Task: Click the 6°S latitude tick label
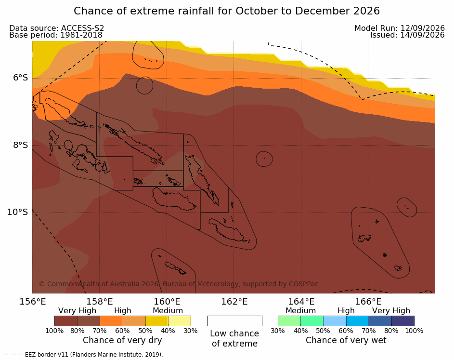coord(21,78)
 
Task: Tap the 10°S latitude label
coord(18,212)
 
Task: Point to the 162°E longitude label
coord(234,302)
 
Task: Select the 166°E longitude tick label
coord(368,302)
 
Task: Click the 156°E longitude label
coord(32,302)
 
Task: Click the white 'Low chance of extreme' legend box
coord(235,321)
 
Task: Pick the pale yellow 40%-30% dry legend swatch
coord(180,321)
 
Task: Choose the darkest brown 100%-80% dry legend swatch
coord(66,321)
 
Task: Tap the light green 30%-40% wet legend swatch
coord(289,321)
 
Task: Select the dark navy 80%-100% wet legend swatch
coord(403,321)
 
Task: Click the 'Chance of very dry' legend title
coord(122,340)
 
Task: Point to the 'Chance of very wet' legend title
coord(346,340)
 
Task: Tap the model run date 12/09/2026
coord(422,28)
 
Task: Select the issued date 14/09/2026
coord(422,35)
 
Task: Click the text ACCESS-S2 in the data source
coord(82,28)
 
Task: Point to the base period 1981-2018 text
coord(81,35)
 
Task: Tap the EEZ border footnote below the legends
coord(84,355)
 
